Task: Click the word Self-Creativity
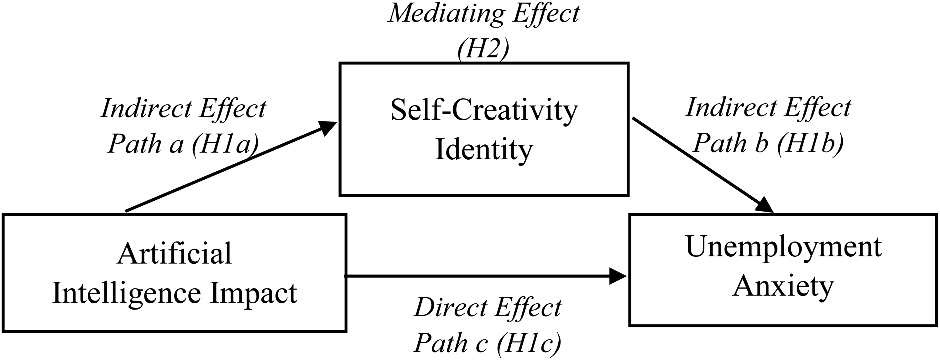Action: pyautogui.click(x=484, y=111)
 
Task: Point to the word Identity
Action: pyautogui.click(x=484, y=150)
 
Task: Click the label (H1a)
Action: pyautogui.click(x=225, y=144)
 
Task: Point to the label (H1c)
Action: pyautogui.click(x=529, y=343)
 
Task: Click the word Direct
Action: pyautogui.click(x=451, y=308)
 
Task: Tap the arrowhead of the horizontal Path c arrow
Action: pyautogui.click(x=619, y=276)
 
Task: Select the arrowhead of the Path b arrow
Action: pyautogui.click(x=765, y=205)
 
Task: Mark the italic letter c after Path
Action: pyautogui.click(x=481, y=345)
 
